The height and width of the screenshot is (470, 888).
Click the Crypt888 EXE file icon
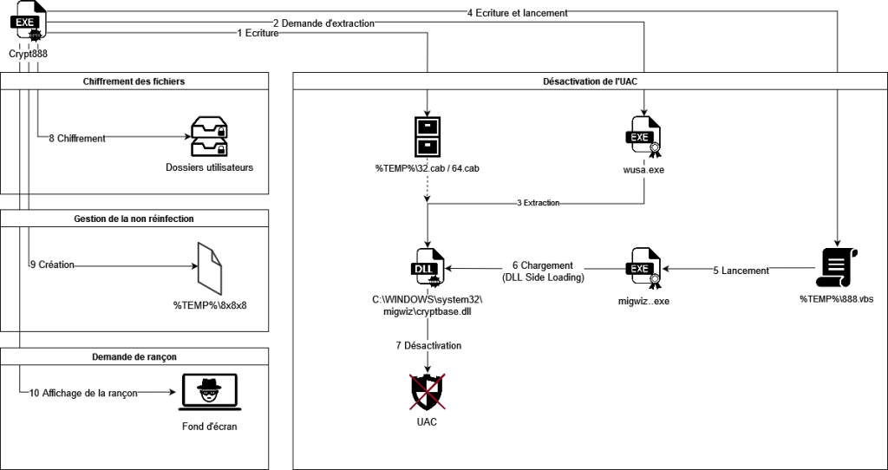29,22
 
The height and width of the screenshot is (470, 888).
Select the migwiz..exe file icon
644,269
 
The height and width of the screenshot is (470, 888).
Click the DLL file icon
427,269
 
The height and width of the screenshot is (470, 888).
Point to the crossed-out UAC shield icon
427,392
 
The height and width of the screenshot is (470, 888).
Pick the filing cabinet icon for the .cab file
427,136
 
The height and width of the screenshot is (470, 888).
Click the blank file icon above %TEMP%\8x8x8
210,264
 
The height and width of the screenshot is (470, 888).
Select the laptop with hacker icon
210,392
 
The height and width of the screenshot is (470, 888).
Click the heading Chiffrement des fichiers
134,81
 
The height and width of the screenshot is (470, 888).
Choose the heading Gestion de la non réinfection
134,218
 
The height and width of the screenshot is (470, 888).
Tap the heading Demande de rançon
134,356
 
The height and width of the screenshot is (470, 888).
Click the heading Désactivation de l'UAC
590,81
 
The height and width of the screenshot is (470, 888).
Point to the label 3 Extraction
538,203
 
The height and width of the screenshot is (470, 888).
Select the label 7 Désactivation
428,345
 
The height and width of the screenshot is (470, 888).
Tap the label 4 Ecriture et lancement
518,13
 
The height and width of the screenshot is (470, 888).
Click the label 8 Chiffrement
77,138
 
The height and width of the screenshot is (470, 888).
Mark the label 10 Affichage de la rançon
83,393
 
